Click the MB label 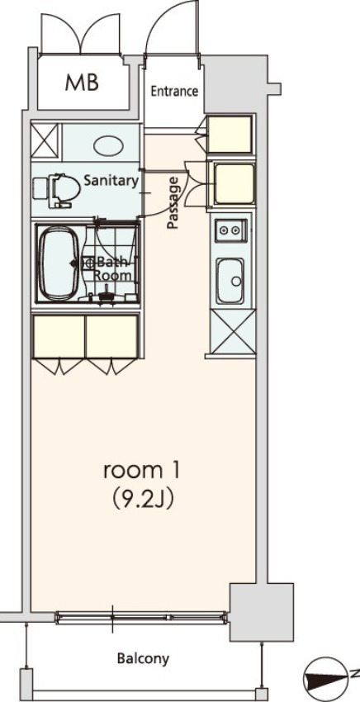tap(83, 83)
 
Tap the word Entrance tap(173, 91)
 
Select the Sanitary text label tap(110, 182)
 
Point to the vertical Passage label tap(173, 202)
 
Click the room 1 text tap(141, 471)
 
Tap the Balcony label tap(143, 658)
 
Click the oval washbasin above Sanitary tap(108, 145)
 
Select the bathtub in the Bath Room tap(59, 263)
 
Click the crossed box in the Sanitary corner tap(45, 139)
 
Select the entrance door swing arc tap(172, 25)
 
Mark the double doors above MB tap(83, 26)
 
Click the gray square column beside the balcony tap(261, 612)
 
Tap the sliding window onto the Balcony tap(140, 614)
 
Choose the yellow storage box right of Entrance tap(229, 135)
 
